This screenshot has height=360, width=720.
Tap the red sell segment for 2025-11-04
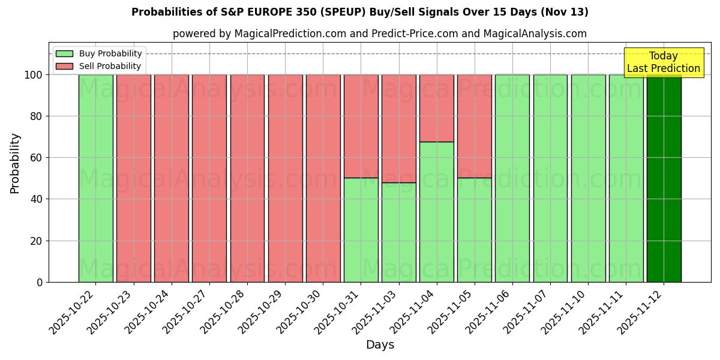coord(437,108)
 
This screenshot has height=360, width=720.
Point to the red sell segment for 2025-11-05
coord(475,126)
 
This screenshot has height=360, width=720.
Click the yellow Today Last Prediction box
coord(663,62)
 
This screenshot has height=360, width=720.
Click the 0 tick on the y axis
coord(40,282)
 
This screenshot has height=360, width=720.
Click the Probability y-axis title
coord(15,163)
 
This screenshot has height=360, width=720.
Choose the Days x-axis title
coord(380,345)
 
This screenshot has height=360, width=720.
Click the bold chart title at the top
coord(360,12)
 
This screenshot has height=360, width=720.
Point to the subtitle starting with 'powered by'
coord(380,34)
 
